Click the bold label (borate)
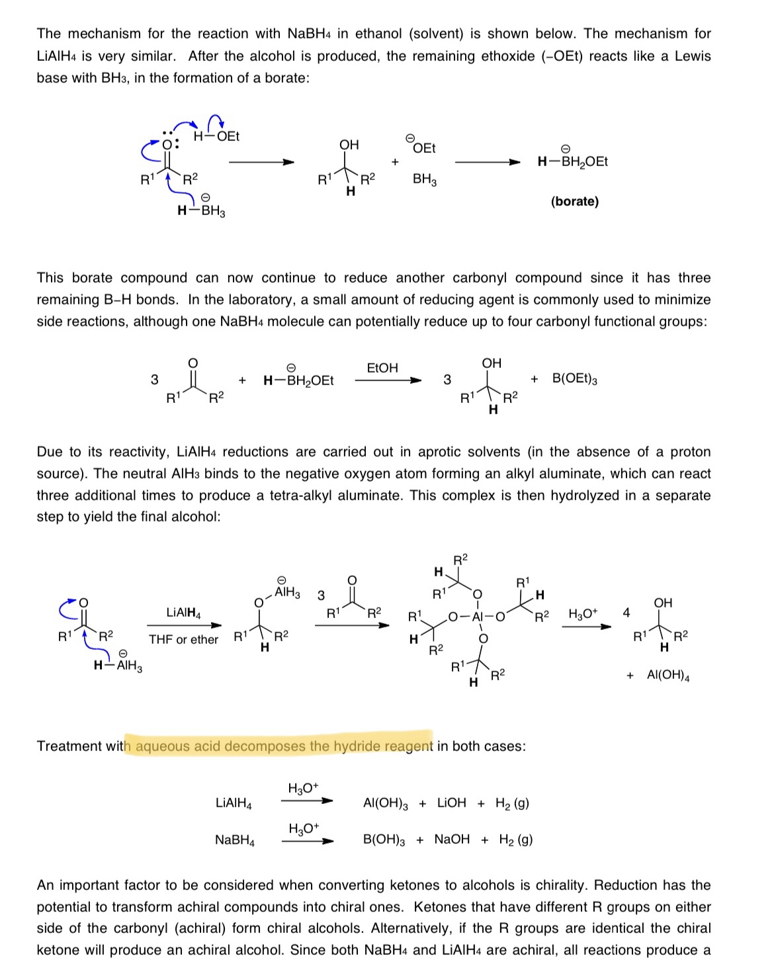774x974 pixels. (574, 201)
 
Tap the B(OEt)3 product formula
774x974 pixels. (574, 379)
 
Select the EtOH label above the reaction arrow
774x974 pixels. (382, 368)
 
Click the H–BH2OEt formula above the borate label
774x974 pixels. (572, 161)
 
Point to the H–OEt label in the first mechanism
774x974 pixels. (216, 136)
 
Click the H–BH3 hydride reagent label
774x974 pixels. (201, 211)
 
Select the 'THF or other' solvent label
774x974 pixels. (183, 640)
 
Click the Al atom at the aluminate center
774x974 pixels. (478, 617)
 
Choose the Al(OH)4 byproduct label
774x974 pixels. (667, 676)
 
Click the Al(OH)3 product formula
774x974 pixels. (386, 803)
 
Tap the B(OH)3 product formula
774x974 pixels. (384, 840)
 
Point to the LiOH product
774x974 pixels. (451, 803)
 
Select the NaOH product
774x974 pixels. (452, 839)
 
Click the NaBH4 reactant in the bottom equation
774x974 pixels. (234, 840)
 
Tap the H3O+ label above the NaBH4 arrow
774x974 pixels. (304, 828)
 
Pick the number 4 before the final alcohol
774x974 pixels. (626, 613)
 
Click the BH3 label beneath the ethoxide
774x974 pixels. (424, 179)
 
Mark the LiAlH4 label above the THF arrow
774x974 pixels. (183, 613)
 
